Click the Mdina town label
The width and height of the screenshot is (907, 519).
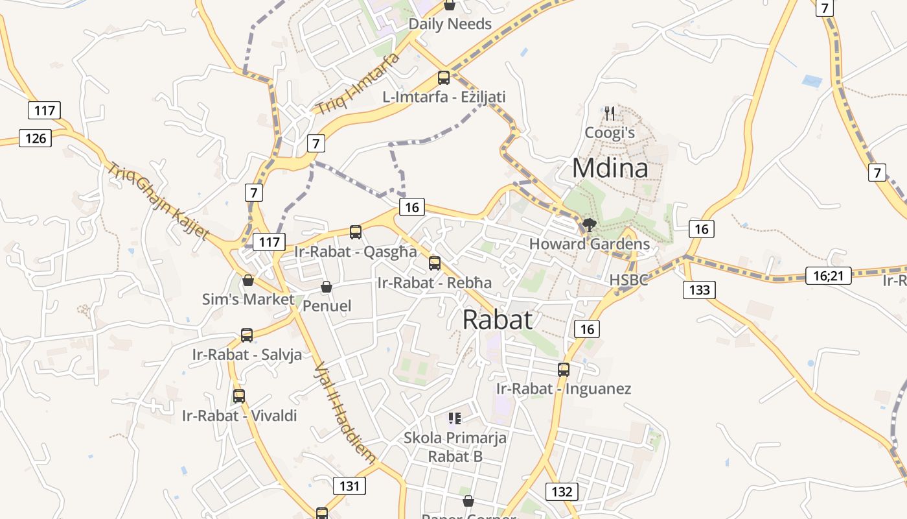click(610, 168)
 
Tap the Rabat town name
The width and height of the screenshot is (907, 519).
click(498, 319)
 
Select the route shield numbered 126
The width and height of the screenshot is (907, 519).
click(35, 138)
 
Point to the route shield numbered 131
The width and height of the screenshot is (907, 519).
click(349, 485)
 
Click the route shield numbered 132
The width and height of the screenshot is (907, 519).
click(561, 491)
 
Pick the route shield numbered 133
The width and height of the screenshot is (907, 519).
click(699, 289)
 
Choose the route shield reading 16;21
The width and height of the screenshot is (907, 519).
click(829, 276)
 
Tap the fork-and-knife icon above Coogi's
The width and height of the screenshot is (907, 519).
click(610, 114)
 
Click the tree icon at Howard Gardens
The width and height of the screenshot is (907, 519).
click(589, 225)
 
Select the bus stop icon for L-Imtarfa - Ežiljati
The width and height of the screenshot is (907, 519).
click(444, 78)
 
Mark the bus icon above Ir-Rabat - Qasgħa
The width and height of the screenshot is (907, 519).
click(355, 232)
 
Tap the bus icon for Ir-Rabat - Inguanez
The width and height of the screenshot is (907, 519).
click(564, 369)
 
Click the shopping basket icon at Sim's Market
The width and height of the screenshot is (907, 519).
click(247, 280)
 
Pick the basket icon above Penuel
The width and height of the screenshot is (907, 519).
click(327, 287)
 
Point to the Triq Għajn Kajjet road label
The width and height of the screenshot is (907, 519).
click(158, 200)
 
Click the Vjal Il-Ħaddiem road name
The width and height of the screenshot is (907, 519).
click(345, 413)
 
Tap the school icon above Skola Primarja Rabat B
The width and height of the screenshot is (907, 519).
click(454, 418)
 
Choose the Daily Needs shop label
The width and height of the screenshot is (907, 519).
click(450, 24)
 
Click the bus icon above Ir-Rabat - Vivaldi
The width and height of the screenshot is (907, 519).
click(239, 396)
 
